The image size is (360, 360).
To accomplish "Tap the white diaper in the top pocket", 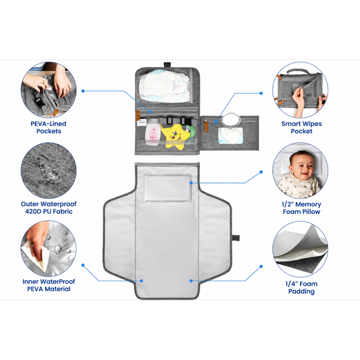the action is pyautogui.click(x=164, y=86).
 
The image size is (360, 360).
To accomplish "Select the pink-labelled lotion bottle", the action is pyautogui.click(x=152, y=132).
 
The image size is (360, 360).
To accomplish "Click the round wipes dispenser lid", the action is pyautogui.click(x=231, y=119).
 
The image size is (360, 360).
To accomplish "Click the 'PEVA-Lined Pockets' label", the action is pyautogui.click(x=49, y=127).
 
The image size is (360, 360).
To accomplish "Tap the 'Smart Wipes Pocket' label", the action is pyautogui.click(x=301, y=127).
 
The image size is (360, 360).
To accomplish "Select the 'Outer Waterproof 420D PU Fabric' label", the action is pyautogui.click(x=49, y=208).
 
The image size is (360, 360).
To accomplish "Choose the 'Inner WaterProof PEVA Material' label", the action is pyautogui.click(x=49, y=285).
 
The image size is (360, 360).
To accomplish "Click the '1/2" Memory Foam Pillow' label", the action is pyautogui.click(x=301, y=208).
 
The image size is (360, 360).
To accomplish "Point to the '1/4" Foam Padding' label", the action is pyautogui.click(x=301, y=287).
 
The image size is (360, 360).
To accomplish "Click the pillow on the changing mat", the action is pyautogui.click(x=167, y=188).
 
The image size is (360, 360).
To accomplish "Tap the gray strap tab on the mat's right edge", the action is pyautogui.click(x=236, y=238).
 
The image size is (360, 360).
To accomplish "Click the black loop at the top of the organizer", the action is pyautogui.click(x=167, y=65).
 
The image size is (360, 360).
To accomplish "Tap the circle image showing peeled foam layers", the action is pyautogui.click(x=301, y=249).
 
